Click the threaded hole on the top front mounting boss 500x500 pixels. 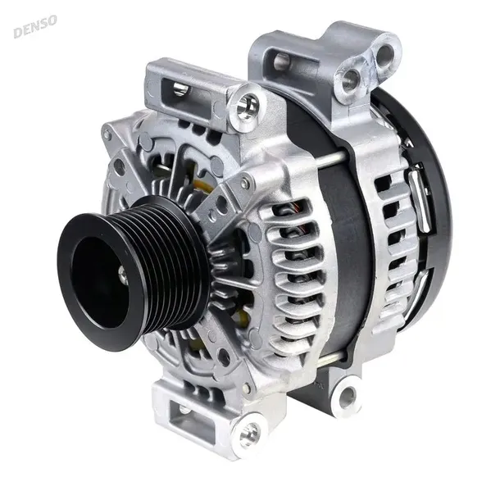click(245, 104)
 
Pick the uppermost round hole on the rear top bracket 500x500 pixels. click(384, 52)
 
